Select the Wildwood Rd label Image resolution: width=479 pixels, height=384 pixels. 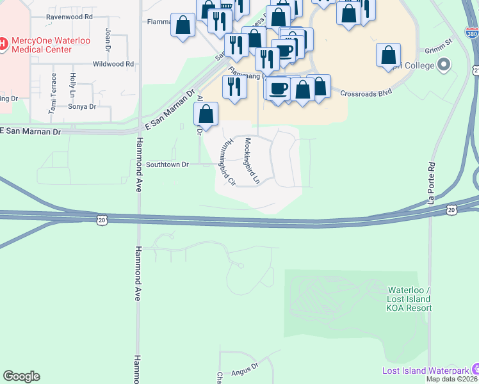coord(113,64)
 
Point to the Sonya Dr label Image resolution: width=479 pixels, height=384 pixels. coord(83,107)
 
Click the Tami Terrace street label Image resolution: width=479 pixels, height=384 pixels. coord(53,94)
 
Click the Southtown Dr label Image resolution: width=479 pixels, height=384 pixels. coord(167,164)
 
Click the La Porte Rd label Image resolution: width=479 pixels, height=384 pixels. coord(432,182)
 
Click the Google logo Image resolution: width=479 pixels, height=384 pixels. coord(21,376)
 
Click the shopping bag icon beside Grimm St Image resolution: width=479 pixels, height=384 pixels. coord(388,56)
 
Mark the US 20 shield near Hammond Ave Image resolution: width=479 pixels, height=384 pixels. coord(102,220)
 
